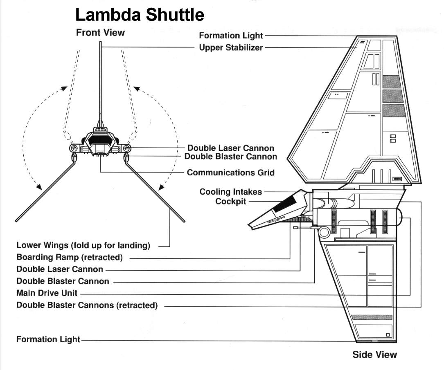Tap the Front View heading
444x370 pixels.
(100, 33)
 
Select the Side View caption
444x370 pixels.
(374, 354)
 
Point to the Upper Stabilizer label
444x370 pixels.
(231, 47)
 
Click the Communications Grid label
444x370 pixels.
(231, 173)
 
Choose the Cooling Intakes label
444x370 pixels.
(231, 192)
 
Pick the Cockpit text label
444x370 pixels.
(231, 202)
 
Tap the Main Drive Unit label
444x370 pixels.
(47, 293)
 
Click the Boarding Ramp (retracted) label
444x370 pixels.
(70, 257)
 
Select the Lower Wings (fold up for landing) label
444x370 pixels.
(83, 245)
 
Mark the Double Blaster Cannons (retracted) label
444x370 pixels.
(87, 305)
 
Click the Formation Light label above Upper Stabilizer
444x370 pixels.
(231, 36)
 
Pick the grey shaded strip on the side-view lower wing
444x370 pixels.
(372, 317)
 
